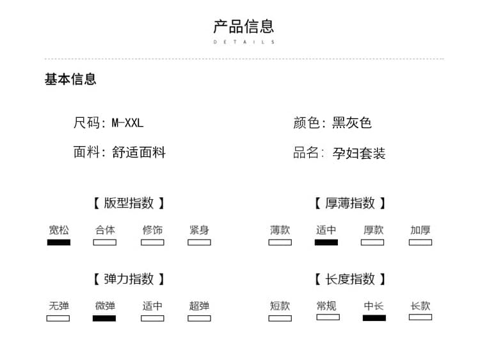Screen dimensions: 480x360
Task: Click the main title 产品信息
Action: [x=244, y=26]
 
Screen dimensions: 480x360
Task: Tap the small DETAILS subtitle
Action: [x=244, y=42]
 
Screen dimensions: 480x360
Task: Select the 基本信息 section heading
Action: [x=70, y=79]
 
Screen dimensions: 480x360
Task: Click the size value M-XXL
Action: [x=127, y=123]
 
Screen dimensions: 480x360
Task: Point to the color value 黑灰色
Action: [x=352, y=123]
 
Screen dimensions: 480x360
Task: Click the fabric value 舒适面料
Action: [x=139, y=152]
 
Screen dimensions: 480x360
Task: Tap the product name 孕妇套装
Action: [x=359, y=153]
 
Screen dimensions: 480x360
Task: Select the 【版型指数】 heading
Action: [x=129, y=203]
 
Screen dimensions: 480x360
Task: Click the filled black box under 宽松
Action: [x=59, y=243]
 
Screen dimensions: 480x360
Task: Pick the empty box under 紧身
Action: [x=199, y=243]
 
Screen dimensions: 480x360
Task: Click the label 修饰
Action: [x=152, y=230]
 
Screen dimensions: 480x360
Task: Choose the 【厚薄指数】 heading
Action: [x=350, y=203]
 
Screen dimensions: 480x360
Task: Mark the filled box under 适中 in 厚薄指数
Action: [x=326, y=243]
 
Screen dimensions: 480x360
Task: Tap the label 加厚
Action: [x=420, y=230]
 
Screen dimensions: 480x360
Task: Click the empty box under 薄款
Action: [x=280, y=243]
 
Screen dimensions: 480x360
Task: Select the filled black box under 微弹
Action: [x=104, y=318]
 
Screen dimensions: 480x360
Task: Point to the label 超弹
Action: [x=199, y=306]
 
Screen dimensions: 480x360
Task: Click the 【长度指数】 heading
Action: [x=350, y=279]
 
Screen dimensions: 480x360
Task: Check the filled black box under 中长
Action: [x=374, y=318]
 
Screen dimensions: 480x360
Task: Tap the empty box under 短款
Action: [x=280, y=318]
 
